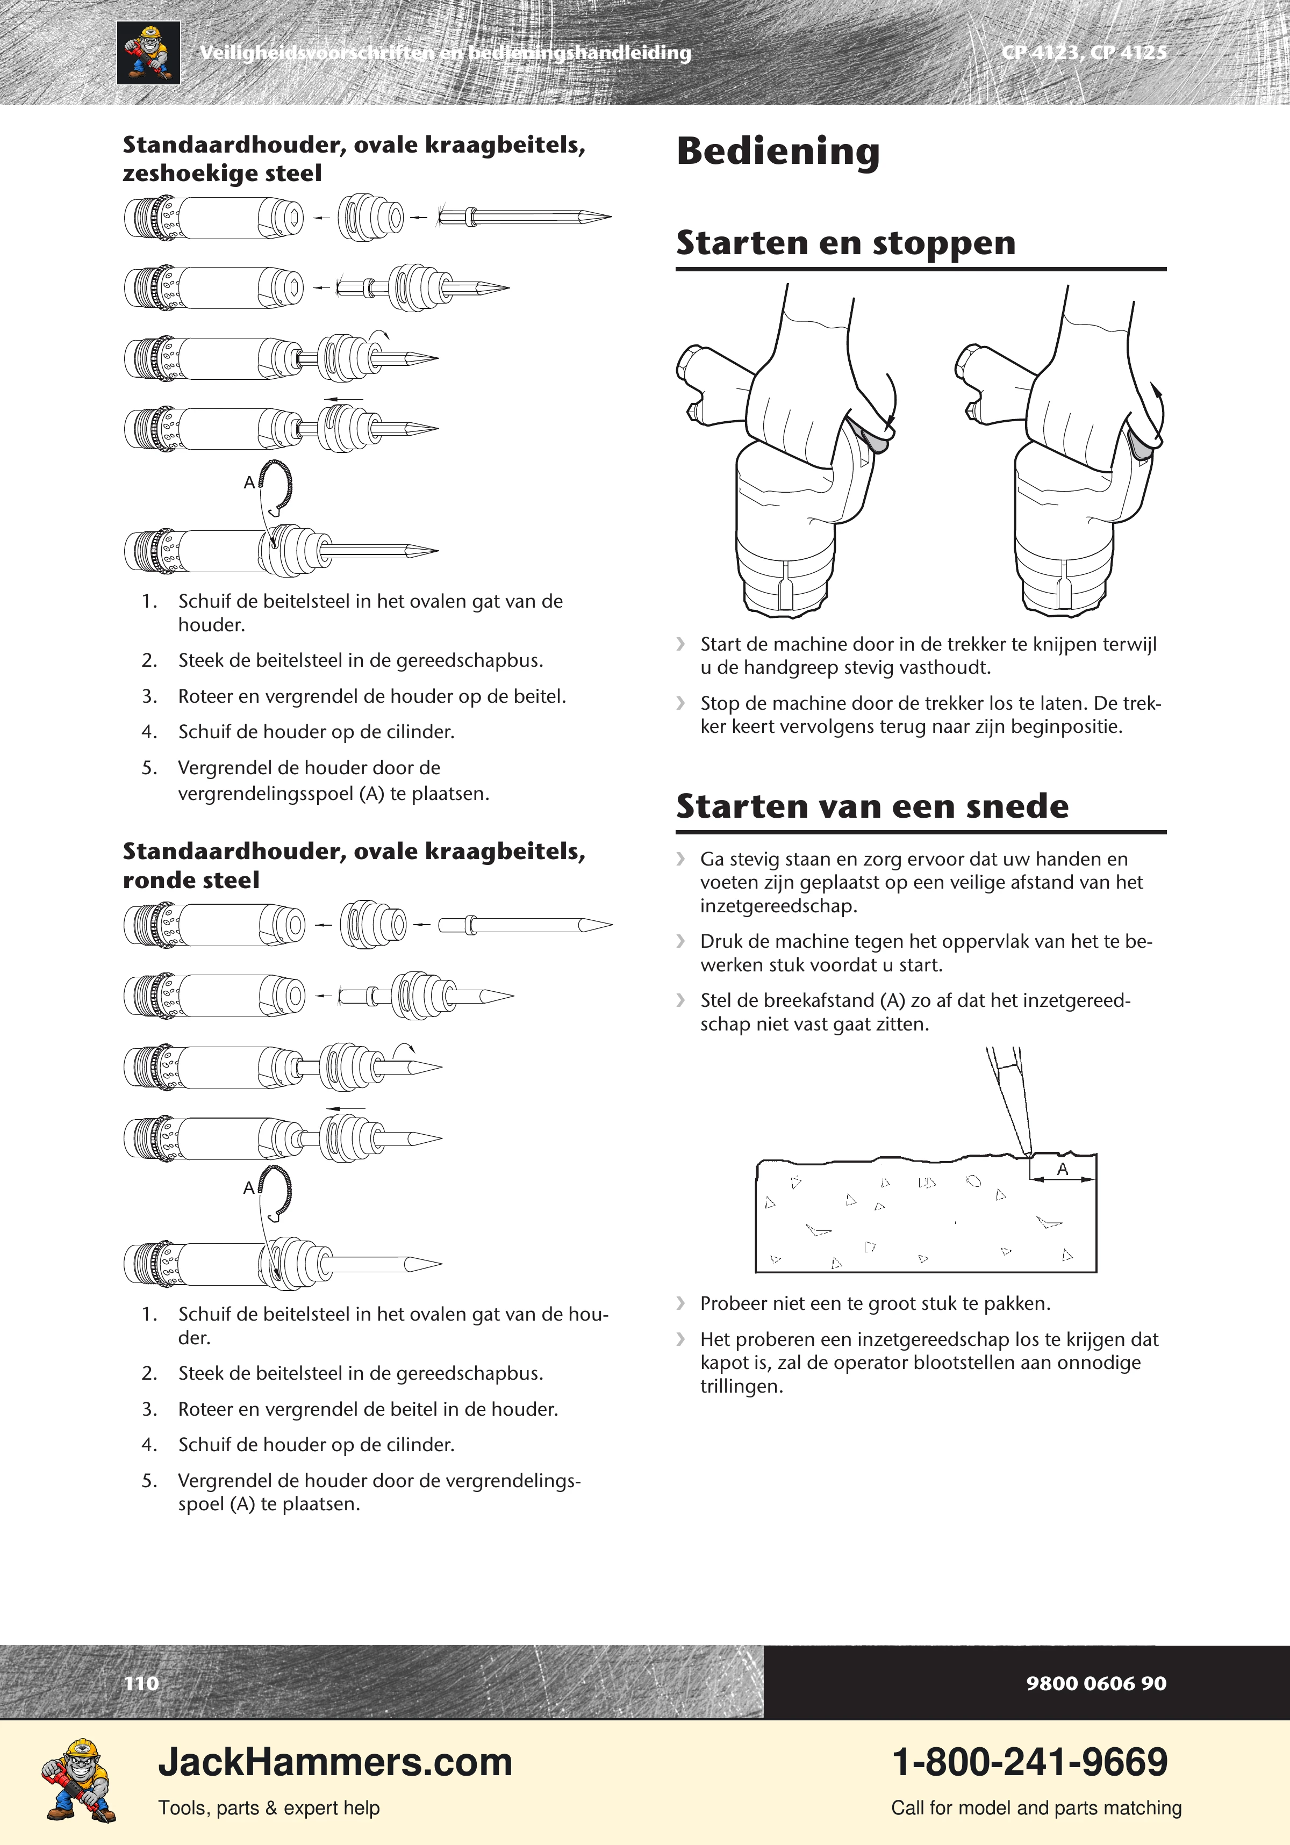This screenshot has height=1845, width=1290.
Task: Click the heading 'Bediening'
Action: (778, 151)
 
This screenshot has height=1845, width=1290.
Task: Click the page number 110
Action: (141, 1683)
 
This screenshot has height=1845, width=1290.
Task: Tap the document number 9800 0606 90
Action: (1095, 1683)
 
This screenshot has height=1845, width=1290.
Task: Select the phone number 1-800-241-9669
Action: (1030, 1761)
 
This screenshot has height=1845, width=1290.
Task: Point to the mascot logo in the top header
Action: (149, 53)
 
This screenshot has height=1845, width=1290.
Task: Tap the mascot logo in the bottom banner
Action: (78, 1780)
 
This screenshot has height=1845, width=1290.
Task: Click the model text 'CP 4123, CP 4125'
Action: (1084, 52)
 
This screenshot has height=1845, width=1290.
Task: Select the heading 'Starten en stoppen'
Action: (845, 243)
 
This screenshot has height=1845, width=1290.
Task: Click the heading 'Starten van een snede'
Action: (872, 806)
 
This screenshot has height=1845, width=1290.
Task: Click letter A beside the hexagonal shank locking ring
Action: (249, 482)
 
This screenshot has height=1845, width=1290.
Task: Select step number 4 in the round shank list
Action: (149, 1445)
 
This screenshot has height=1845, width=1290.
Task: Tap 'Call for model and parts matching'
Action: (1036, 1807)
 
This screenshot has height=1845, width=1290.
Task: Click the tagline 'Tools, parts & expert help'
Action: (269, 1807)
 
